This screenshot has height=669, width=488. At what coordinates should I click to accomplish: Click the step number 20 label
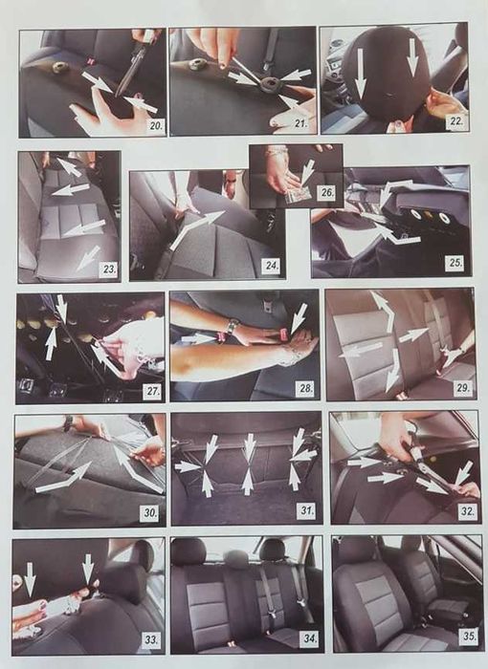[156, 126]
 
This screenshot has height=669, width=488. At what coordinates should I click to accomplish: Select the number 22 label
[456, 121]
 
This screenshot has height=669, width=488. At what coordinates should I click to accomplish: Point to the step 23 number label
[109, 269]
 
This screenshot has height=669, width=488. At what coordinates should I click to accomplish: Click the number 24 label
[272, 265]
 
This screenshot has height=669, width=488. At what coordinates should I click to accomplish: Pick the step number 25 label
[455, 263]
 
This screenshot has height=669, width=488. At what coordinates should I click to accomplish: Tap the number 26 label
[327, 192]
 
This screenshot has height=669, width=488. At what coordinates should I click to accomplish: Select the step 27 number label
[152, 391]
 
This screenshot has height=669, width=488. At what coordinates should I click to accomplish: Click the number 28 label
[306, 388]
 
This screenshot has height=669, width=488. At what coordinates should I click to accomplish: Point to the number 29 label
[462, 388]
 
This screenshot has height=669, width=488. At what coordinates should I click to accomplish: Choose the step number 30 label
[150, 512]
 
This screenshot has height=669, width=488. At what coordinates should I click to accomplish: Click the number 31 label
[306, 509]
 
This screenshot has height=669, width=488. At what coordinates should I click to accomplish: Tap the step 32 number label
[466, 511]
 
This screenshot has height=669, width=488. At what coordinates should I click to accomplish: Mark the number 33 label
[151, 640]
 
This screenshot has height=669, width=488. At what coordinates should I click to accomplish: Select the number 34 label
[310, 638]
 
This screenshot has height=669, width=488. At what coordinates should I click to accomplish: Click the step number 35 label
[469, 637]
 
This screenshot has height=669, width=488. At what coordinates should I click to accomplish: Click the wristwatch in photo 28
[231, 327]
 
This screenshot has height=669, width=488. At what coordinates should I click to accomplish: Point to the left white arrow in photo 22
[360, 73]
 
